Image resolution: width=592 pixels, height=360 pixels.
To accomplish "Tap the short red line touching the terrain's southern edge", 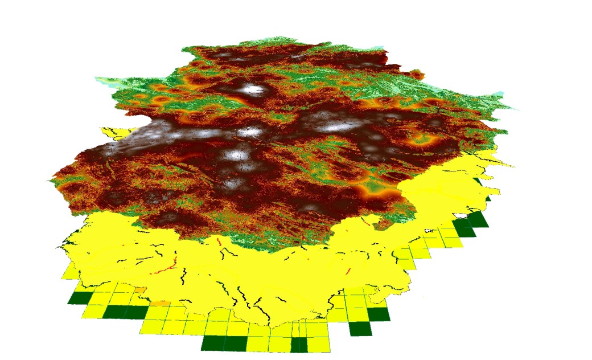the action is click(x=220, y=243).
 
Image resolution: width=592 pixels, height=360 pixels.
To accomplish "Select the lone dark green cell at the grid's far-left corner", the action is click(x=79, y=298).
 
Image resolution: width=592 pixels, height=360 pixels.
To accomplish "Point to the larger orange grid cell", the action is click(x=161, y=303).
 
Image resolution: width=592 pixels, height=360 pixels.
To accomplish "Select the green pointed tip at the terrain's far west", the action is click(x=52, y=182).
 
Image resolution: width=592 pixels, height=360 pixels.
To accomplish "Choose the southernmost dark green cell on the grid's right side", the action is click(x=360, y=329).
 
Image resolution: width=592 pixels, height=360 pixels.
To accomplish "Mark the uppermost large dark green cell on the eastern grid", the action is click(x=478, y=219).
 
